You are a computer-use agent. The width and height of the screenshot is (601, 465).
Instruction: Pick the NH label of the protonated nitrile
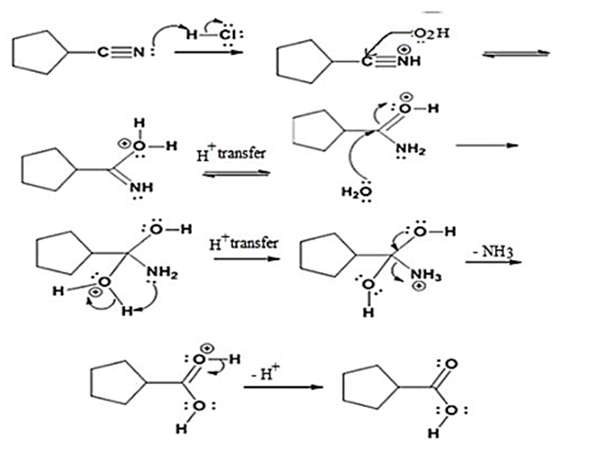pyautogui.click(x=409, y=61)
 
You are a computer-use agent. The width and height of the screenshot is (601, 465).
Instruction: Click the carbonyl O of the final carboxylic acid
pyautogui.click(x=452, y=363)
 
